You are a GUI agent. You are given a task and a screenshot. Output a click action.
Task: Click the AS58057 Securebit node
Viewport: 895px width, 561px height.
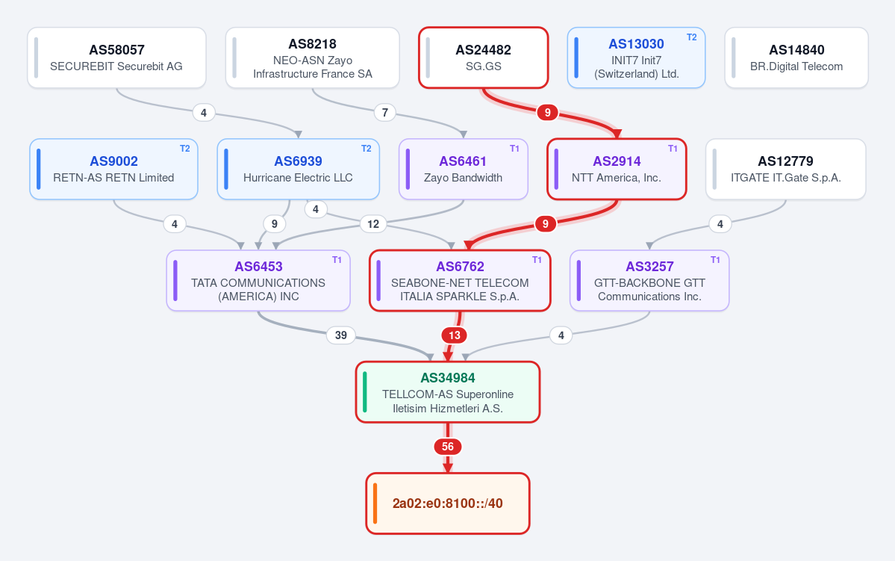[116, 58]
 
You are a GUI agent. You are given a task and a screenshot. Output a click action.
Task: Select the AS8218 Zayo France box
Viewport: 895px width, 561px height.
[312, 58]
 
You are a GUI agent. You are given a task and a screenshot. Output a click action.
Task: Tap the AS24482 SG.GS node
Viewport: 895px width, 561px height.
[484, 58]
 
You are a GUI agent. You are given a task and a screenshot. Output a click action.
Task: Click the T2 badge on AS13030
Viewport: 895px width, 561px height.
[691, 37]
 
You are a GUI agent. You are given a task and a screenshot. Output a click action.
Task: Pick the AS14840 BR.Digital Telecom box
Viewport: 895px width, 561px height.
[796, 58]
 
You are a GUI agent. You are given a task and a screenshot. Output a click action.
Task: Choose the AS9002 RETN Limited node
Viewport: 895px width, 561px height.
[113, 169]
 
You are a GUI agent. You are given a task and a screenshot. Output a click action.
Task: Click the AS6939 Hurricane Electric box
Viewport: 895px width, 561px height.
[298, 169]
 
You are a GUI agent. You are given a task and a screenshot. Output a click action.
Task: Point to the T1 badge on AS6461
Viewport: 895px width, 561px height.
[514, 149]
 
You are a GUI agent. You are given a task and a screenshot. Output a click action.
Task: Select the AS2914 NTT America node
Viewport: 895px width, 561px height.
[617, 169]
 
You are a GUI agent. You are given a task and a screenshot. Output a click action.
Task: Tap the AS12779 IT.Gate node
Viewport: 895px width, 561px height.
[785, 169]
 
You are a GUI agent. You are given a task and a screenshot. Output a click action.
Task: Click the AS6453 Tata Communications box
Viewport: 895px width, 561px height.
[258, 281]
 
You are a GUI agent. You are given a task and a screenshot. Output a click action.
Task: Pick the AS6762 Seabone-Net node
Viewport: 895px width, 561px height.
[460, 281]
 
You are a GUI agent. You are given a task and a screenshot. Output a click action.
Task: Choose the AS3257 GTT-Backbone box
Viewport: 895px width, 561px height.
[649, 281]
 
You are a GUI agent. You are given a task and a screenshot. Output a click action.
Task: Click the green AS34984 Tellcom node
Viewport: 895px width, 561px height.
[448, 392]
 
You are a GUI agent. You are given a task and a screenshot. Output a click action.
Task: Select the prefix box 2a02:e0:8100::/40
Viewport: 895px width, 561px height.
[448, 503]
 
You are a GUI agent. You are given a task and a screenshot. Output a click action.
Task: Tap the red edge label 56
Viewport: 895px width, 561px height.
[448, 447]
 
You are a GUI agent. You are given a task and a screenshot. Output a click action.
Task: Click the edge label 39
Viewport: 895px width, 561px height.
[341, 335]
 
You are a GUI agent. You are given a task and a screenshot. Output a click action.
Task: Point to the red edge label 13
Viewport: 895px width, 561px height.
[455, 335]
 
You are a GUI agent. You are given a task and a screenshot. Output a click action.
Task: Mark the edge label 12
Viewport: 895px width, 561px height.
[373, 224]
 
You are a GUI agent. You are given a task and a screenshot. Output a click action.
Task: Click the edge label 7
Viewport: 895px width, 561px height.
[385, 113]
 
